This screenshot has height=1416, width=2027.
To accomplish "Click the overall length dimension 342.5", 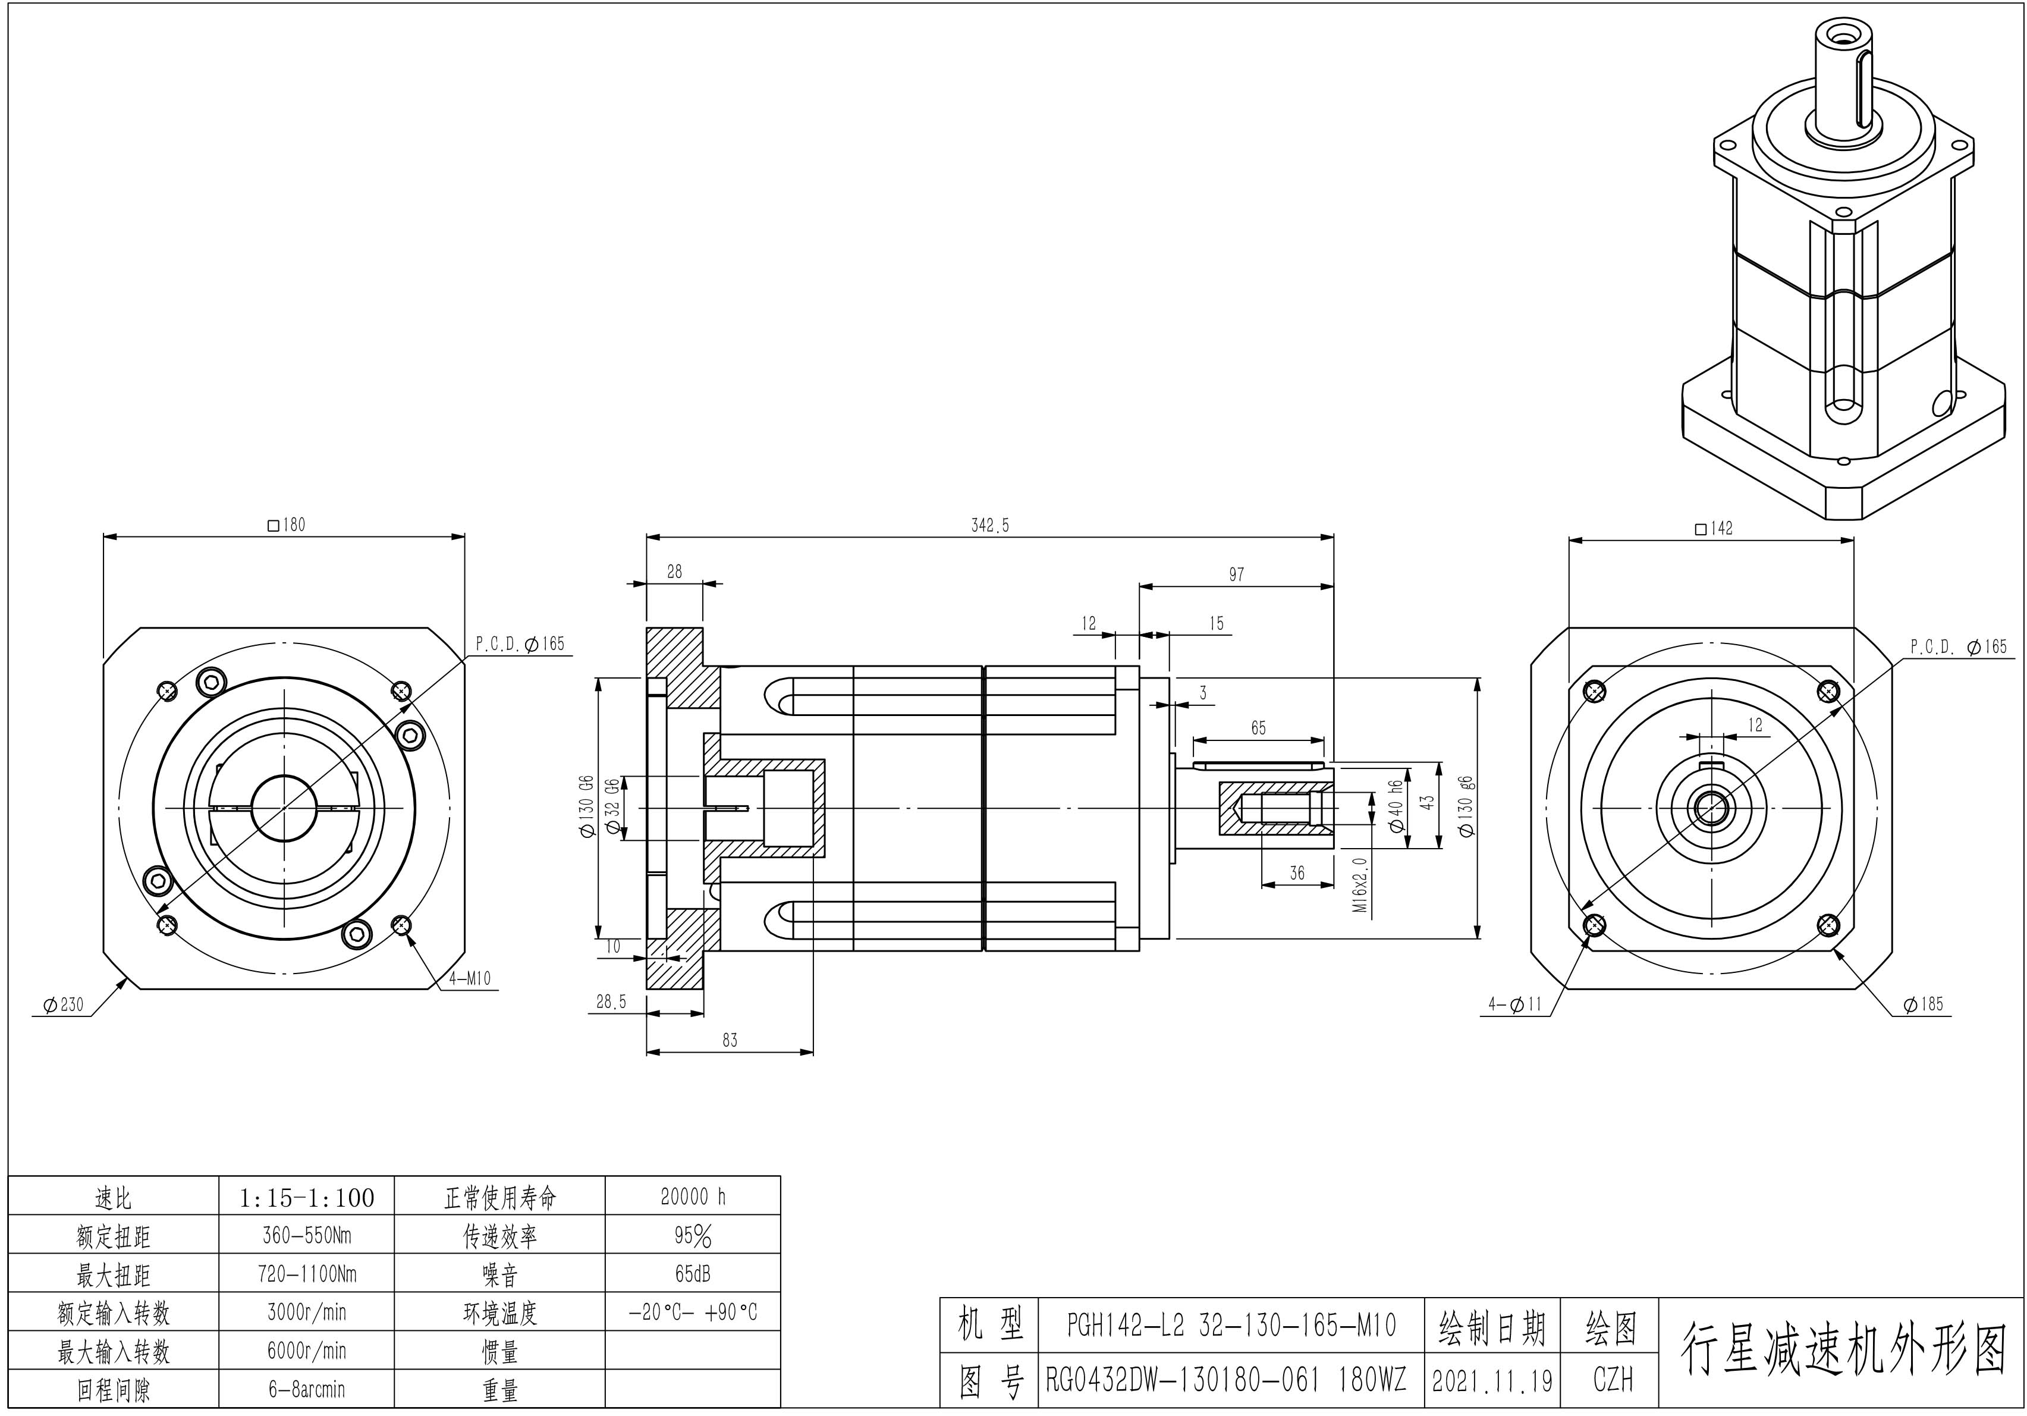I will (x=989, y=525).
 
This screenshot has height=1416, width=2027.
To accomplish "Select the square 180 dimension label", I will (x=286, y=525).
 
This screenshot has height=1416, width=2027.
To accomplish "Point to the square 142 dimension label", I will (x=1714, y=529).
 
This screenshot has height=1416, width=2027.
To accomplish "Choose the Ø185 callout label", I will (x=1923, y=1004).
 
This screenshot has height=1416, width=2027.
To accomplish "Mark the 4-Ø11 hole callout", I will (x=1514, y=1004).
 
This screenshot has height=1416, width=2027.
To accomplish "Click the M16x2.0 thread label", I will (x=1360, y=884).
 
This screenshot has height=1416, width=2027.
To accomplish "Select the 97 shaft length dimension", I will (x=1236, y=574).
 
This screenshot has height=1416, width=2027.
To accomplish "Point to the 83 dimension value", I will (x=729, y=1040).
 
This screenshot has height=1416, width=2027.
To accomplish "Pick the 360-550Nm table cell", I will (x=306, y=1235).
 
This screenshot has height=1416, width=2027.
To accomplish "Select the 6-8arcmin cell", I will (x=306, y=1389).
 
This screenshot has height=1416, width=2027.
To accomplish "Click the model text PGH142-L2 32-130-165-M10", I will (x=1231, y=1325).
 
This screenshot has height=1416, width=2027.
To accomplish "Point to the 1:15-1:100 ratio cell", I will (x=306, y=1198).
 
